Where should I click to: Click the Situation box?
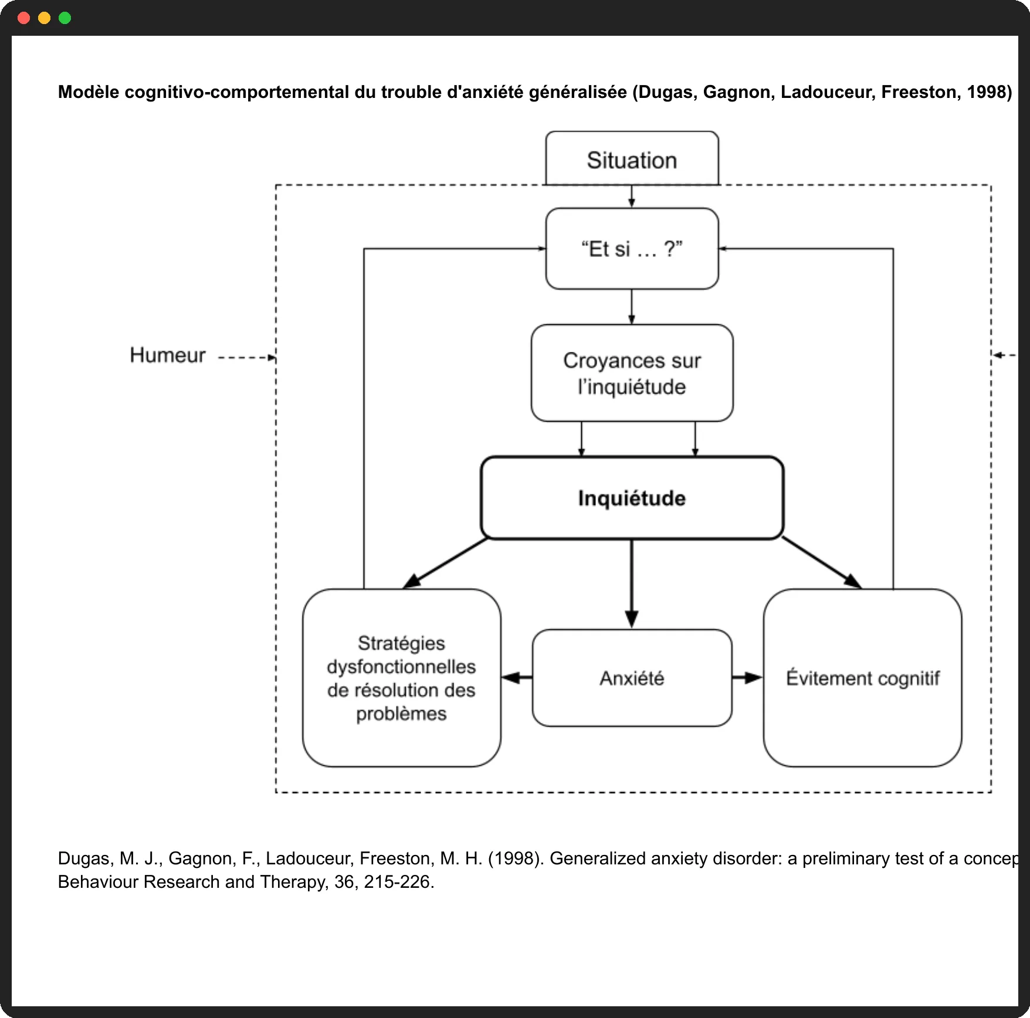(x=632, y=158)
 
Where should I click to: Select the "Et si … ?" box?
(x=632, y=249)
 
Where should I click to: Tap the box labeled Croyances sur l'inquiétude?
(x=632, y=373)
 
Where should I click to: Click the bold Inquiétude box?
(x=632, y=498)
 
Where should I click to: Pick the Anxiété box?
(x=632, y=678)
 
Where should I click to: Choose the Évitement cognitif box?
(x=862, y=678)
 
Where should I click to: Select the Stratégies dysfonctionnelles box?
(x=402, y=678)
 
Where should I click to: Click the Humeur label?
(x=168, y=355)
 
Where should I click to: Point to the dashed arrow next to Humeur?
(x=247, y=357)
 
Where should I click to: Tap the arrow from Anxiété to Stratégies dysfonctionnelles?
(x=517, y=678)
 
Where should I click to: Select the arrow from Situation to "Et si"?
(x=632, y=196)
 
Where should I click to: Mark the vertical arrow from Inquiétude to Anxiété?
(x=632, y=584)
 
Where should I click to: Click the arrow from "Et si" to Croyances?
(x=632, y=307)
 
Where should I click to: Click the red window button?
(x=24, y=18)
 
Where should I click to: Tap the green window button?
(x=65, y=18)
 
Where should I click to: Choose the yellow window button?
(x=45, y=18)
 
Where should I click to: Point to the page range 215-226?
(x=397, y=882)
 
